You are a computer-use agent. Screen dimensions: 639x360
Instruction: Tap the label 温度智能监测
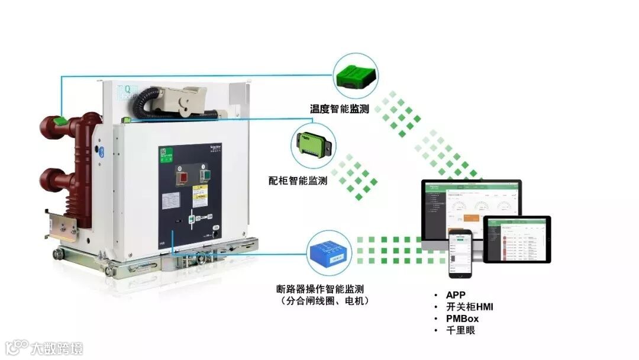click(339, 109)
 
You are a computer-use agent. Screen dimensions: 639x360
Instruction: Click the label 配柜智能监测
click(298, 180)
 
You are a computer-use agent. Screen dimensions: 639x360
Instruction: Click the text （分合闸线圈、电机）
click(324, 301)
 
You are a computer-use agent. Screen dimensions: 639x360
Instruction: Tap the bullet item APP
click(456, 295)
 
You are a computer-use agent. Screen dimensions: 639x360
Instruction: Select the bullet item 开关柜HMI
click(469, 307)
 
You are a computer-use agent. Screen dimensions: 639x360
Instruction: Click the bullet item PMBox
click(462, 319)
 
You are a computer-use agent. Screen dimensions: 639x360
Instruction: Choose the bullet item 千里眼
click(460, 330)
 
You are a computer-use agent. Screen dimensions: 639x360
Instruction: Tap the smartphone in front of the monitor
click(460, 253)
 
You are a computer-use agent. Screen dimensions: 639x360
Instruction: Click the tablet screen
click(517, 239)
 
